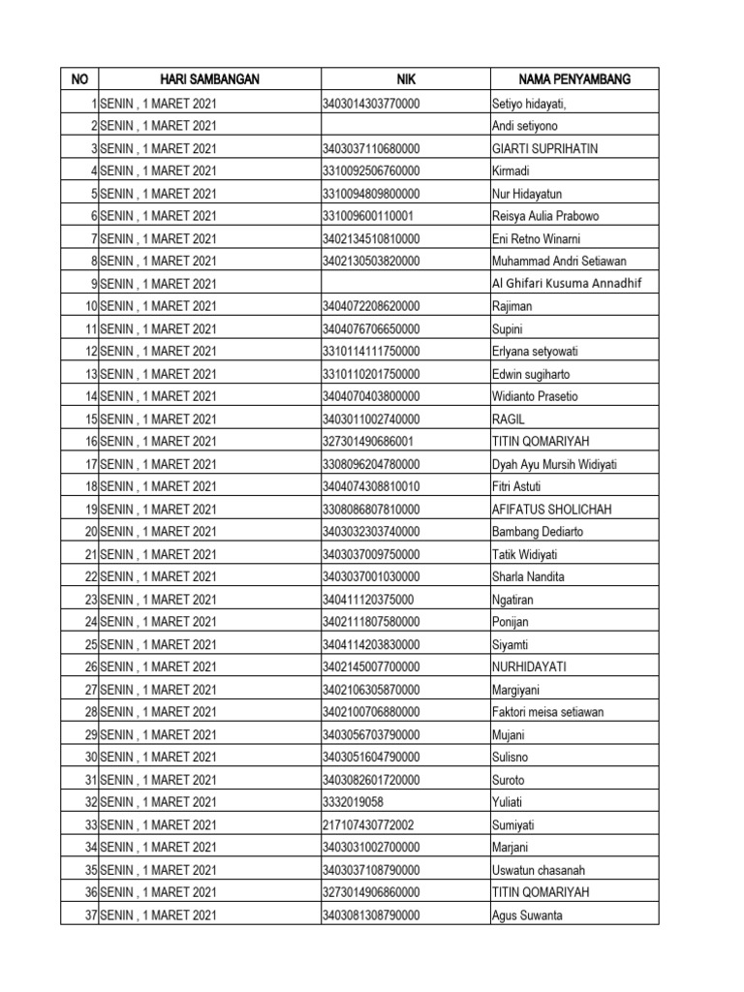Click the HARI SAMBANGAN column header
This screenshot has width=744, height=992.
[x=209, y=79]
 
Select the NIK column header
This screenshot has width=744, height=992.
[x=405, y=79]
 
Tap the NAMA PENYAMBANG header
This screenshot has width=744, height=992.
[x=574, y=79]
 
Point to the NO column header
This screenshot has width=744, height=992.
[x=79, y=79]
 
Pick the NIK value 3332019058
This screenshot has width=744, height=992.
[x=354, y=802]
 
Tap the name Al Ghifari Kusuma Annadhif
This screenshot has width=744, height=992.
[x=567, y=284]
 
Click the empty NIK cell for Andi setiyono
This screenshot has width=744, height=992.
[x=405, y=127]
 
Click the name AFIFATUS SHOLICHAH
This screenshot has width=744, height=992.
[x=552, y=510]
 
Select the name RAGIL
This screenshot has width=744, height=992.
[x=509, y=419]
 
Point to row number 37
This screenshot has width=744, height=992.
[x=90, y=915]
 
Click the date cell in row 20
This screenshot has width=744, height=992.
[x=158, y=532]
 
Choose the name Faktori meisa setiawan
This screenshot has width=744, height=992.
[x=547, y=712]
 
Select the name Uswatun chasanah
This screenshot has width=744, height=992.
[x=539, y=870]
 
